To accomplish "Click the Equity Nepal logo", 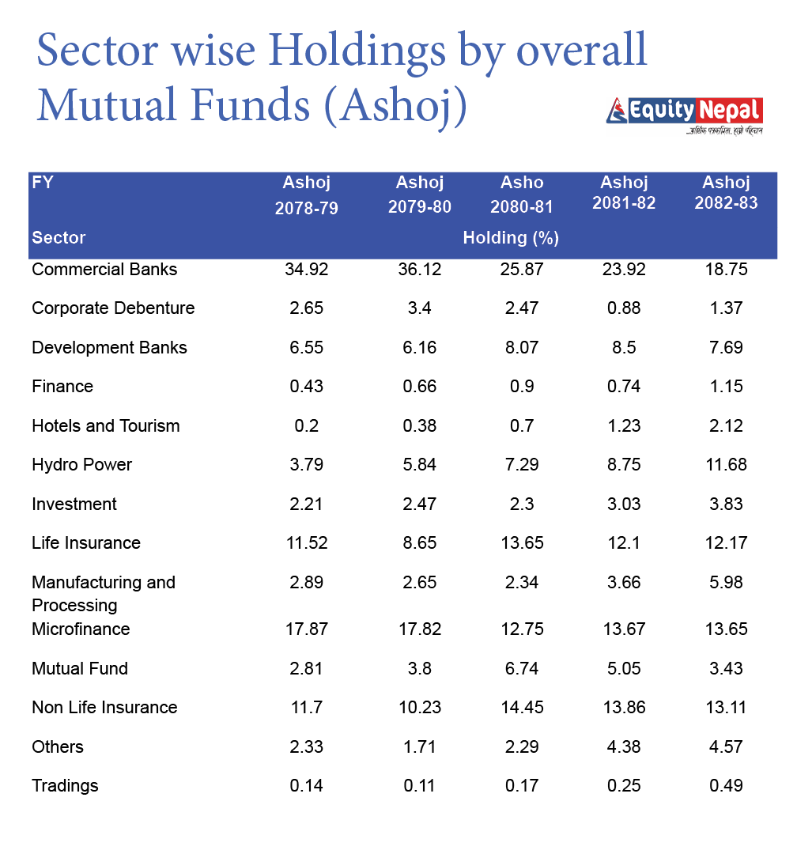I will [x=685, y=115].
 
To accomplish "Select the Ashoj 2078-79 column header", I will [x=306, y=195].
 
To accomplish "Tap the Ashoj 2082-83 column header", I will [x=726, y=192].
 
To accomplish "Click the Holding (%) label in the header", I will [x=511, y=237].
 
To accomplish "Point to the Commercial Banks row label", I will [x=104, y=270].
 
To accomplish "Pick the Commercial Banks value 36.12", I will [x=419, y=270].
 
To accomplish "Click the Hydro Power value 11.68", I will [x=726, y=465].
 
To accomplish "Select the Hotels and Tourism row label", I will [x=106, y=426].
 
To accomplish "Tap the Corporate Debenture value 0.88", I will [x=624, y=308].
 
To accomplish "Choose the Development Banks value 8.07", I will [x=522, y=348].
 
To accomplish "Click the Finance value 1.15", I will [x=726, y=387].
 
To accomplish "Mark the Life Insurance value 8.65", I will [x=419, y=543].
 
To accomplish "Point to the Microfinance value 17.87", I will [x=306, y=629].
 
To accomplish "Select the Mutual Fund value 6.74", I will [x=522, y=669].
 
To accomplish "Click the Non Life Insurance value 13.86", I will [x=624, y=708].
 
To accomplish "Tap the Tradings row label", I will [x=65, y=786].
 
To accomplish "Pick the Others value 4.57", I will [x=726, y=747].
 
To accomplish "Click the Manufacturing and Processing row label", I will [x=103, y=594].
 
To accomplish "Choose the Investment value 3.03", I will [x=624, y=504].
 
